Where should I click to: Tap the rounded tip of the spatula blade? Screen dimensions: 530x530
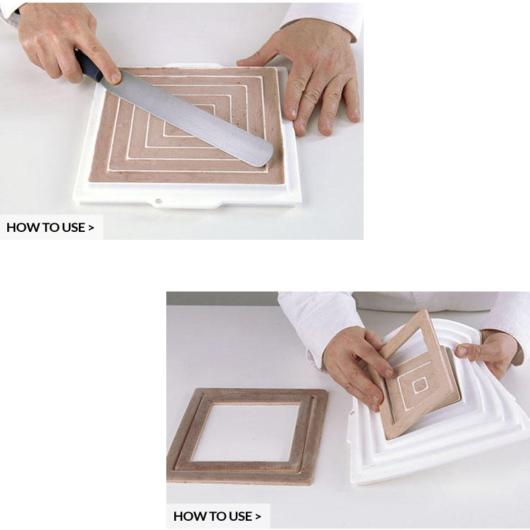[267, 156]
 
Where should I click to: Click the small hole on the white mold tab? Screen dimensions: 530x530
[158, 201]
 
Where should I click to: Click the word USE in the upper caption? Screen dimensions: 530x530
[73, 227]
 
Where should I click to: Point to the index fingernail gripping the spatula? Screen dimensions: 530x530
[115, 78]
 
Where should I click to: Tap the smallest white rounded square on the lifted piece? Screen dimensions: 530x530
[420, 386]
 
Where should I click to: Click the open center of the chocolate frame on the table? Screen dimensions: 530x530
[246, 432]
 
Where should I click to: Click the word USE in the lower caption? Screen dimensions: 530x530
[240, 516]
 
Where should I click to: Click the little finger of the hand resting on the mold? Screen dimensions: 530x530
[351, 101]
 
